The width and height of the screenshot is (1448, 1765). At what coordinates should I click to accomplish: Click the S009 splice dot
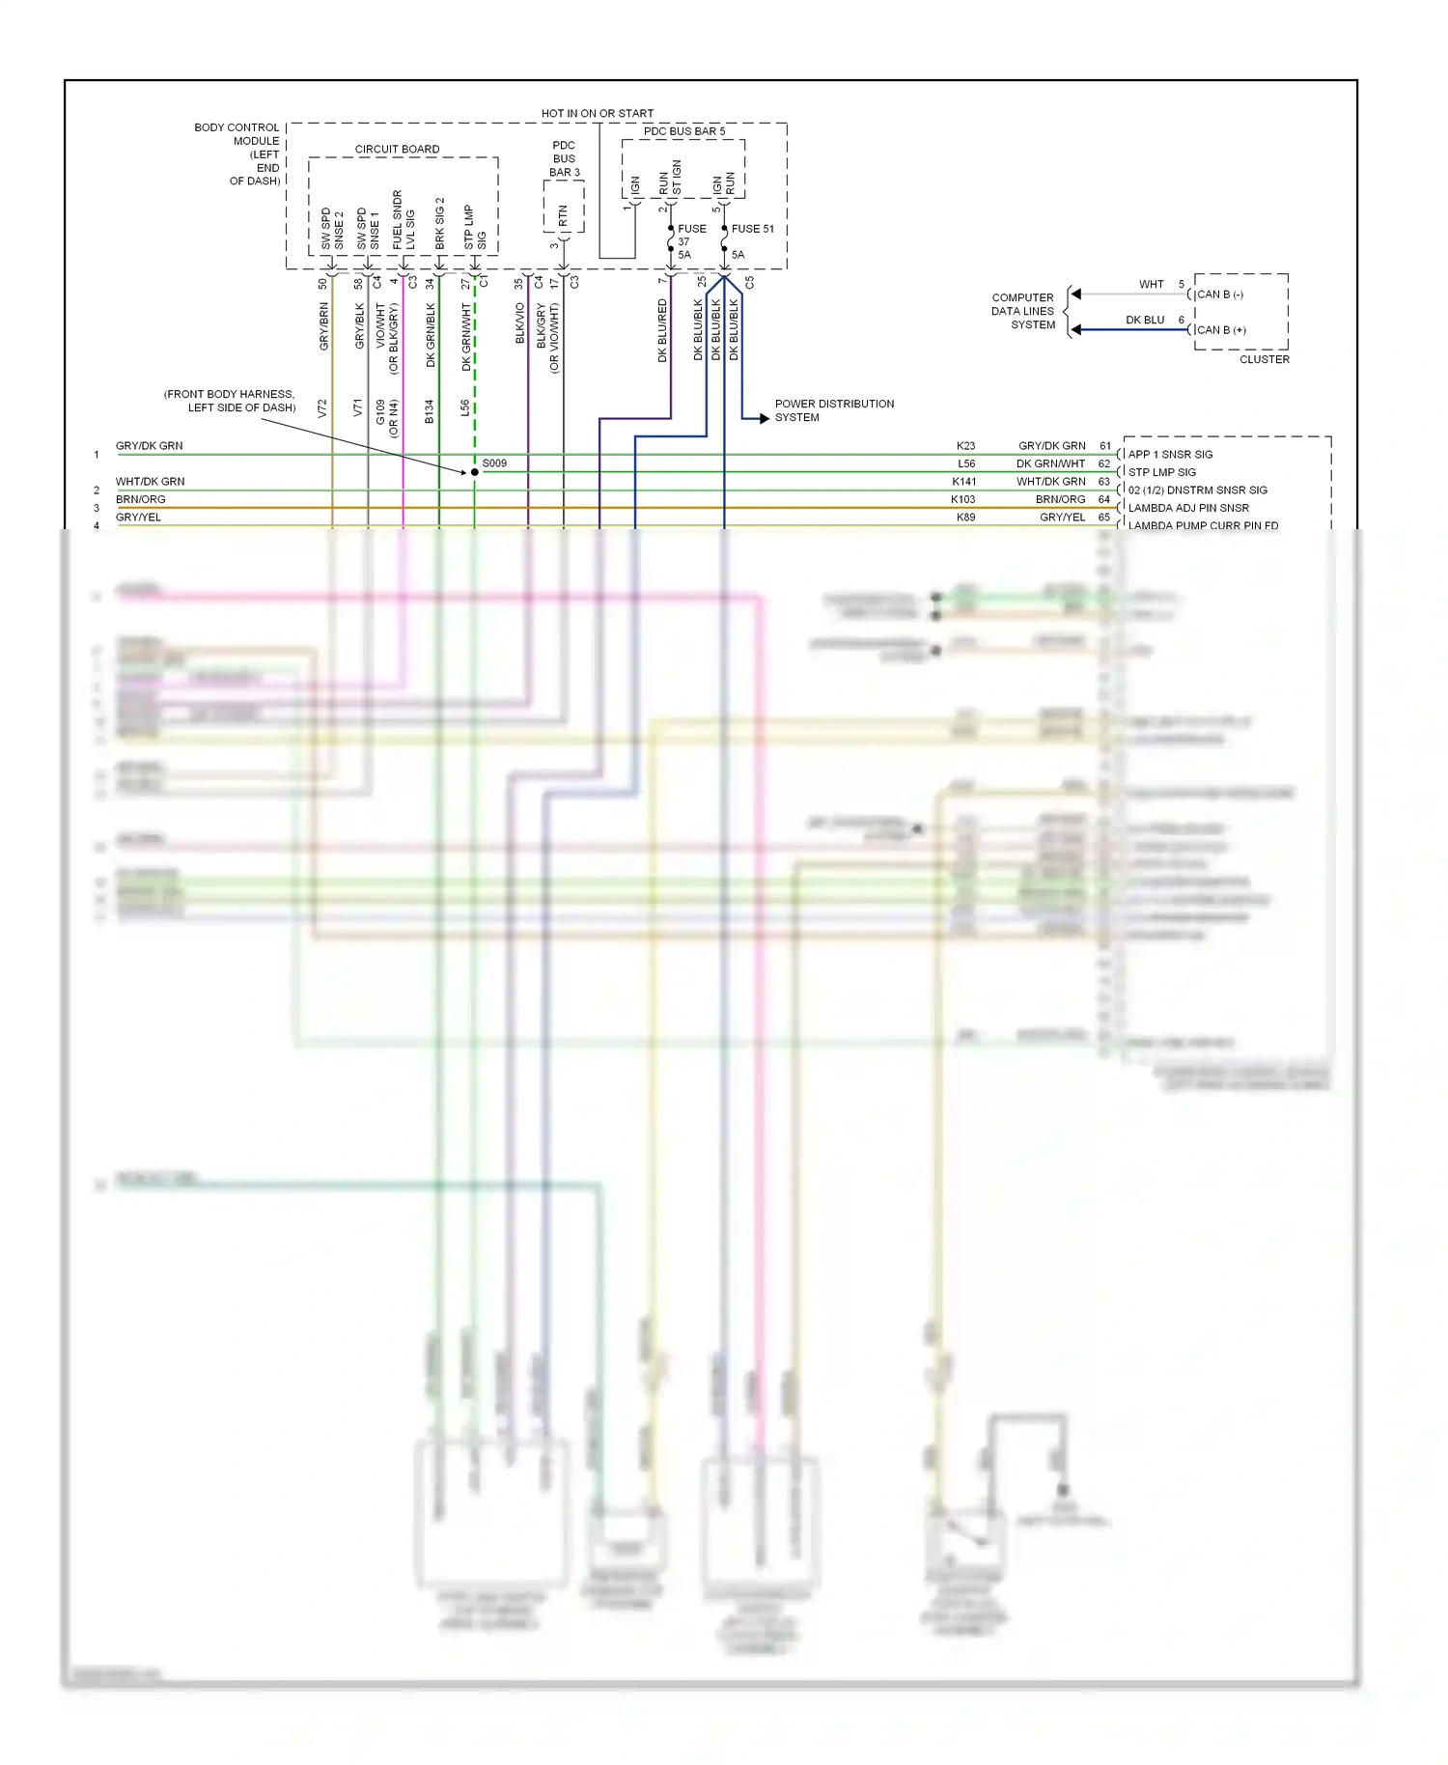click(x=474, y=472)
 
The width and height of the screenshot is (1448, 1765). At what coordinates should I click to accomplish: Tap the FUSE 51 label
click(x=752, y=229)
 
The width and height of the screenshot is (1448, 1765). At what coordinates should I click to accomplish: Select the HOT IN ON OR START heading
click(x=597, y=113)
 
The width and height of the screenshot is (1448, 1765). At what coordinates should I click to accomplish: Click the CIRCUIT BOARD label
click(x=397, y=149)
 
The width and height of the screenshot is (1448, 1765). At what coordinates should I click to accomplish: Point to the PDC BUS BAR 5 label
click(x=683, y=131)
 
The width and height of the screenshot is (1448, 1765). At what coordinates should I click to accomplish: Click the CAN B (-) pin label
click(x=1220, y=294)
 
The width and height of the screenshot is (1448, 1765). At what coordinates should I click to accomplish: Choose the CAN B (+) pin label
click(x=1221, y=330)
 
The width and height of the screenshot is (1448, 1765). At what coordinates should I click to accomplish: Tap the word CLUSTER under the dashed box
click(x=1264, y=359)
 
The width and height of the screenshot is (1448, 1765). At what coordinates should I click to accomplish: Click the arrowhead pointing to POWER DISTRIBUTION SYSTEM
click(x=764, y=418)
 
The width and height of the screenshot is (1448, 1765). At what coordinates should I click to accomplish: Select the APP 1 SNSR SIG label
click(x=1170, y=454)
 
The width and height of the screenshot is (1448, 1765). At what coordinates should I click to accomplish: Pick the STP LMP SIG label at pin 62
click(x=1161, y=472)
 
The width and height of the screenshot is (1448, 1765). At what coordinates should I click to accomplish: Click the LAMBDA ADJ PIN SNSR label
click(x=1188, y=508)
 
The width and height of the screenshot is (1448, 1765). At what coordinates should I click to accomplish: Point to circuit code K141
click(x=963, y=481)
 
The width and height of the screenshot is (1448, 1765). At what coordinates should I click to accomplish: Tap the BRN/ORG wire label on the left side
click(x=141, y=499)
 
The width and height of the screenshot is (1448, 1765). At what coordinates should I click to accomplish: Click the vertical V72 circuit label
click(x=322, y=407)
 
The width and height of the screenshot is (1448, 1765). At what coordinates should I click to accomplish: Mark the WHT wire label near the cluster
click(x=1151, y=284)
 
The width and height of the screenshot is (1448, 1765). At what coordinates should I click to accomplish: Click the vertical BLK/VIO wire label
click(x=519, y=323)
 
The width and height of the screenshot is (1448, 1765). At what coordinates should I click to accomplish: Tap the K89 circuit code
click(x=965, y=518)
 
